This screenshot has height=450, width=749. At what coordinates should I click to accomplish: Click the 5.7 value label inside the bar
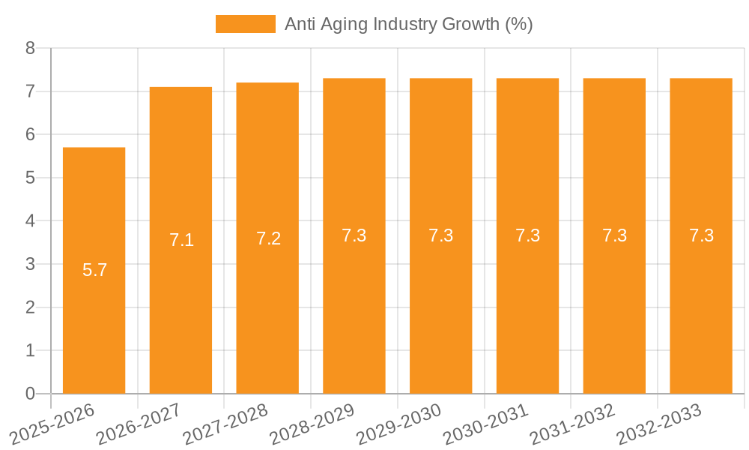94,270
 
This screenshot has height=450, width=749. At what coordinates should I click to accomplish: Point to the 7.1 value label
181,240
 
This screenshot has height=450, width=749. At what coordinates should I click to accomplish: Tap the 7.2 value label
268,238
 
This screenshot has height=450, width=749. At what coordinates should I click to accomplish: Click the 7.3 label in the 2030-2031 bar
527,235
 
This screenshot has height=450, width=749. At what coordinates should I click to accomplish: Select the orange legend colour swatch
245,24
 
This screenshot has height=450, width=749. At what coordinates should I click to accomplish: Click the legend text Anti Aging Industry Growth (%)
408,24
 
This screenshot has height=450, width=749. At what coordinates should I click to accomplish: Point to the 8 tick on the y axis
30,48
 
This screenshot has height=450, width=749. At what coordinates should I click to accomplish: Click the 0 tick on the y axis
30,394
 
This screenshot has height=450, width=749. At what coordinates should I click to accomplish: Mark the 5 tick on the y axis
30,178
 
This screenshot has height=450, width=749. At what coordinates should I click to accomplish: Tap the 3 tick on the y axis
30,264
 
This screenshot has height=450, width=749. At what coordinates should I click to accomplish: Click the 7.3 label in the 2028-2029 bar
354,235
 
